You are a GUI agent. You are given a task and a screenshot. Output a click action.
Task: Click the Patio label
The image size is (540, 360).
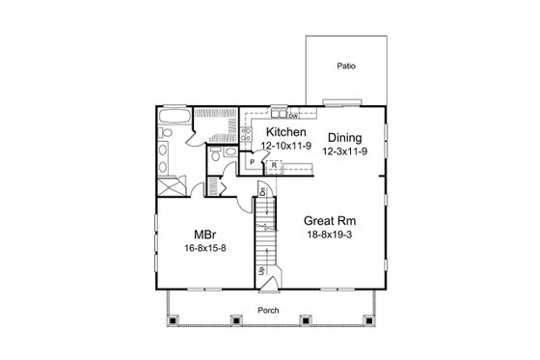pos(346,68)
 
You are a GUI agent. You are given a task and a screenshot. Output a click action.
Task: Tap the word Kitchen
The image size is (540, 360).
pos(286,132)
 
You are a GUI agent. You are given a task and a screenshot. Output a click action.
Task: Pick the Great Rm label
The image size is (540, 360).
pos(328,219)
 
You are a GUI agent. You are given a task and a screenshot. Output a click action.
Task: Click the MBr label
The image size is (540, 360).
pos(204,235)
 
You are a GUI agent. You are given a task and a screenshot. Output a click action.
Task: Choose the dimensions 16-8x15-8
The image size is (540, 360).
pos(204,248)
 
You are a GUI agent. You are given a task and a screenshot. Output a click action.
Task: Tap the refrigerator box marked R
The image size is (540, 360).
pos(274,165)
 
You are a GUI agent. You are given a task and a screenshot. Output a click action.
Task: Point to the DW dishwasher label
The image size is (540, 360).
pos(292,116)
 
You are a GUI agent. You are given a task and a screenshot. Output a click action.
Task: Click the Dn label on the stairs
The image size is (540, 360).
pos(261,193)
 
